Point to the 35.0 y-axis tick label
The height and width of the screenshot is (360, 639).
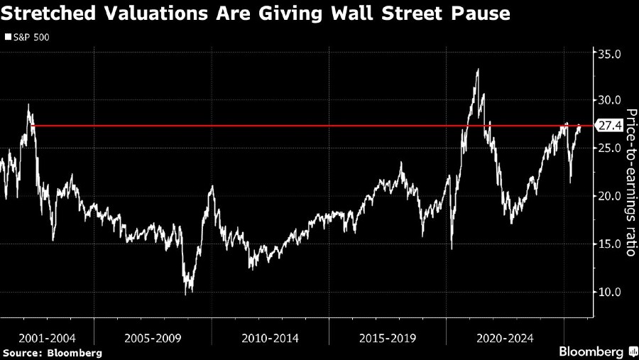click(608, 53)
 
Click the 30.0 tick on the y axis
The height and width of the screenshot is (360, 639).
click(608, 99)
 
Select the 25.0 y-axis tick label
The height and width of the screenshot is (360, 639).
click(608, 148)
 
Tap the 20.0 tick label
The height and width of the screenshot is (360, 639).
click(608, 196)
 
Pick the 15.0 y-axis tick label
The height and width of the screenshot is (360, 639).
click(608, 244)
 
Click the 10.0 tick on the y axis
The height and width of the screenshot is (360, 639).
click(608, 292)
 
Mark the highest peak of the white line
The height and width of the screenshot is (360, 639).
click(478, 69)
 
